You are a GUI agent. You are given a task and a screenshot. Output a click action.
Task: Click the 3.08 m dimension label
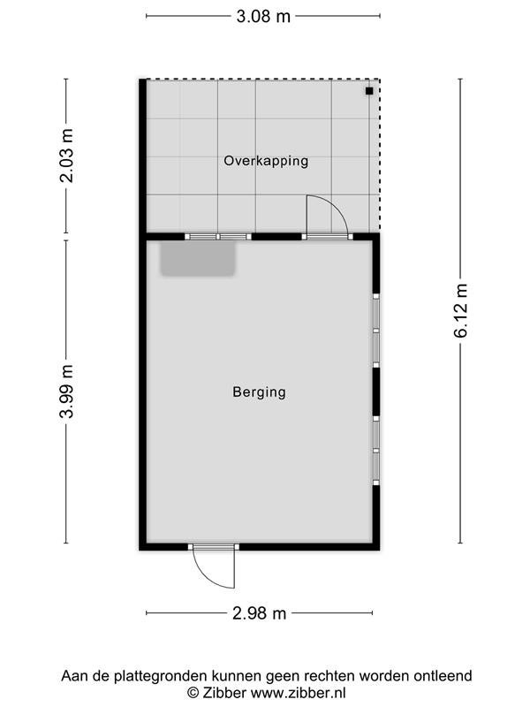263,17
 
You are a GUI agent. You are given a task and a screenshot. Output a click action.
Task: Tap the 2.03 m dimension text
67,156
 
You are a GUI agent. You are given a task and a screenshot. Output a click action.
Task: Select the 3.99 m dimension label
67,392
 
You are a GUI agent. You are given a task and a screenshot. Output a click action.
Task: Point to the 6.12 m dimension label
460,311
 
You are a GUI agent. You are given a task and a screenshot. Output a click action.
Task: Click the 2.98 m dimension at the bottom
259,613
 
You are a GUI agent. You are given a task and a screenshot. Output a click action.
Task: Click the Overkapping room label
266,161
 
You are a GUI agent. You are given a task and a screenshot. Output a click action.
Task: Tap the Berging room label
259,392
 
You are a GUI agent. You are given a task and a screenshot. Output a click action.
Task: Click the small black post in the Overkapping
369,91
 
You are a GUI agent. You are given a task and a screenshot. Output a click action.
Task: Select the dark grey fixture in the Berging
198,258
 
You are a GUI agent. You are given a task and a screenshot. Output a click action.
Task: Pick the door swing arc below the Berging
205,577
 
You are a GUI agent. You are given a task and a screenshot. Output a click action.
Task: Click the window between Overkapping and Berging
217,237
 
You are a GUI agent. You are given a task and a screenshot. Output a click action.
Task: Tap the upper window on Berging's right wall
376,331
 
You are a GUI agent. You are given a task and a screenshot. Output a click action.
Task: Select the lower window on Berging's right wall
376,451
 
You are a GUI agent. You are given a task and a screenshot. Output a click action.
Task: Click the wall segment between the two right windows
376,392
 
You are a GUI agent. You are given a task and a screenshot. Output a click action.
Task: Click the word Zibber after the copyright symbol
223,692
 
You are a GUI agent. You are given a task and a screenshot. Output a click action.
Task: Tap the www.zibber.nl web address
298,692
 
